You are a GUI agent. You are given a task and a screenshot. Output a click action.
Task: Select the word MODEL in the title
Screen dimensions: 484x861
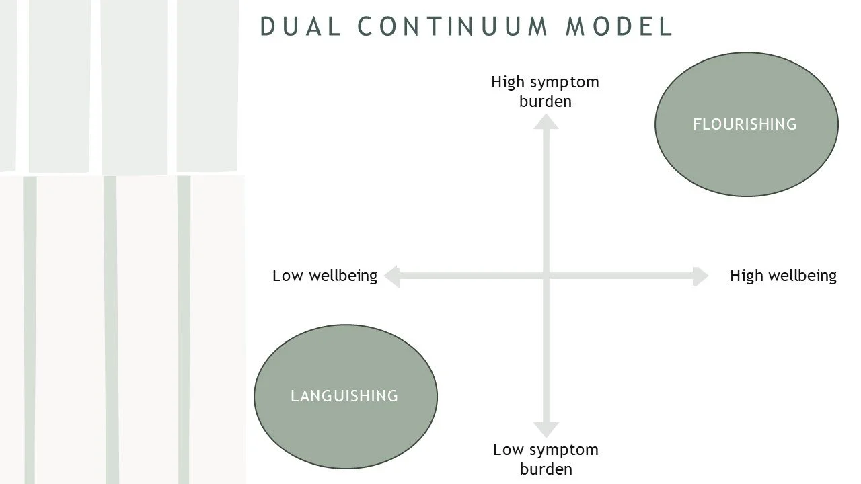619,26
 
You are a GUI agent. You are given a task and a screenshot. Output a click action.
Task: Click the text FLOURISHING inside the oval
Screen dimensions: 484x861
745,124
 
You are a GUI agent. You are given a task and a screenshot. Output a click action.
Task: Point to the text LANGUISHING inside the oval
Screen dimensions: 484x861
344,396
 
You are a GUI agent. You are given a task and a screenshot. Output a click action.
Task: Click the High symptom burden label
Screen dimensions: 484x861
545,91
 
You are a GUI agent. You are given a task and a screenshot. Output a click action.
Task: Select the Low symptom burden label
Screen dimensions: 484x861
546,459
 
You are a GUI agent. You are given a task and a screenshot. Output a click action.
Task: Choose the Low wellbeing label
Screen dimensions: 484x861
325,276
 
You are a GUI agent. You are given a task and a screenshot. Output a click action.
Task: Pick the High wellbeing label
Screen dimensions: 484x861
783,276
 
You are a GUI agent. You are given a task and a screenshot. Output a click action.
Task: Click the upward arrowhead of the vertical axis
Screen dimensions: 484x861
546,121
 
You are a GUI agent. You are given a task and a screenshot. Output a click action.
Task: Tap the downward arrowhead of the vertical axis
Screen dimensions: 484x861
546,430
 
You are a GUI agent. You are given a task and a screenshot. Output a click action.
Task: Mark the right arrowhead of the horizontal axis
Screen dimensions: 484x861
700,276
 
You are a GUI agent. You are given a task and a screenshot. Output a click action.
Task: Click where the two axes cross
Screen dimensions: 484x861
546,276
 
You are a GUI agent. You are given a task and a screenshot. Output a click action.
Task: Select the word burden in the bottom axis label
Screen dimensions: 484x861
546,469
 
